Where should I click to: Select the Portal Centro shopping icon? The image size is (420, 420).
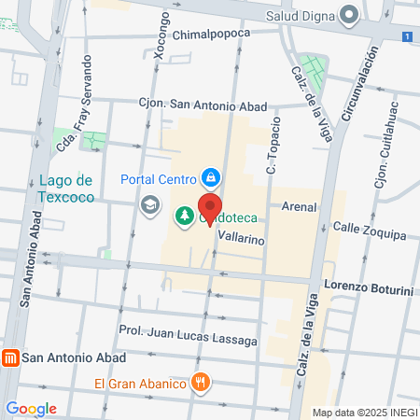[212, 177]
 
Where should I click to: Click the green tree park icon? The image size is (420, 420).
[185, 217]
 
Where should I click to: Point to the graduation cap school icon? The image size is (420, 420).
[148, 203]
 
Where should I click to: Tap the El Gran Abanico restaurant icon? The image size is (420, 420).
[200, 382]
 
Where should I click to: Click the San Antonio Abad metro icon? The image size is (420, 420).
[10, 357]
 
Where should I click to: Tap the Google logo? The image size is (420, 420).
[31, 409]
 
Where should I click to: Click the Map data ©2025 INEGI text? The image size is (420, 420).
[365, 413]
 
